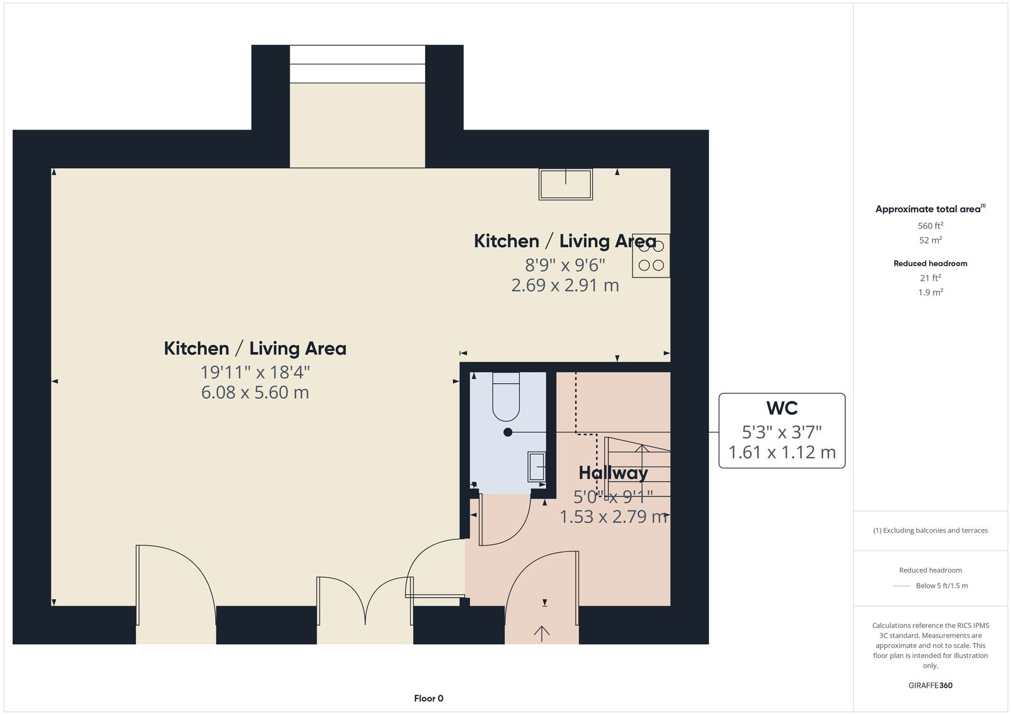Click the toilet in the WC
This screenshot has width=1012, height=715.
506,396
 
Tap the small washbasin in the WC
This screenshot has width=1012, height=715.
537,467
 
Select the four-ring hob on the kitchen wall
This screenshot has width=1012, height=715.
651,255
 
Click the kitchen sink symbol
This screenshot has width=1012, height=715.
565,185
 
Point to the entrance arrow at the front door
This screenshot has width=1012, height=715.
541,633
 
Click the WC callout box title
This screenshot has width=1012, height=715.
782,408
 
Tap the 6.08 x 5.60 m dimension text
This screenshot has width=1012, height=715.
256,393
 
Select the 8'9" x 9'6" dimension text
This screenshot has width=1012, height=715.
565,265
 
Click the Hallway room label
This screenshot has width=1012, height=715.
613,474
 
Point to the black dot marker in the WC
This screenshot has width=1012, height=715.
508,432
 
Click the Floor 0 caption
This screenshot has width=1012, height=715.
429,699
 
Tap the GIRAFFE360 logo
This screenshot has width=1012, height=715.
930,685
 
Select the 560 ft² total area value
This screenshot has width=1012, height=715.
930,226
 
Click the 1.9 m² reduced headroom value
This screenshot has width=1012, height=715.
930,292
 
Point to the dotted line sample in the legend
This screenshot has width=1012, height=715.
901,586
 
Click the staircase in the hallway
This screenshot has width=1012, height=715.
637,467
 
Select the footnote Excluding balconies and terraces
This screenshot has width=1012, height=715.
930,530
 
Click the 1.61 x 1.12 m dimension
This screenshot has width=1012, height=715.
782,452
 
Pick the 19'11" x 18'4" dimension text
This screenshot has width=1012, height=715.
256,372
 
